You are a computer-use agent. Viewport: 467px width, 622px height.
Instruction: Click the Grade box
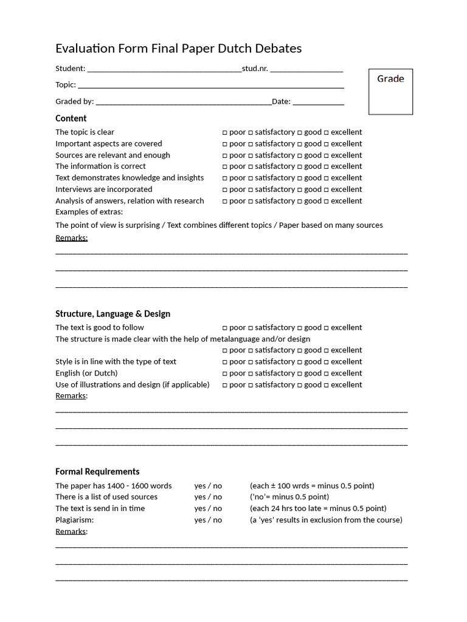click(x=390, y=92)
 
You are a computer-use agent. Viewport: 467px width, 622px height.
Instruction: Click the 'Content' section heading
click(x=71, y=118)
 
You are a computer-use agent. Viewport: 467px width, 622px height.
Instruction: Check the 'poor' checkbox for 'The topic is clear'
click(x=224, y=132)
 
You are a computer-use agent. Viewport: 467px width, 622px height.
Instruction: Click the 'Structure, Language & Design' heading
click(x=112, y=313)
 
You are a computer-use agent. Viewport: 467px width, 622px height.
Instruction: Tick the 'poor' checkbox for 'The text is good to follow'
click(x=224, y=328)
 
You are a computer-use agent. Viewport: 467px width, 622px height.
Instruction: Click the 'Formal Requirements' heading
click(x=97, y=471)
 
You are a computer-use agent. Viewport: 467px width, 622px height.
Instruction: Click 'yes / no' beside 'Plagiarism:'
click(x=208, y=520)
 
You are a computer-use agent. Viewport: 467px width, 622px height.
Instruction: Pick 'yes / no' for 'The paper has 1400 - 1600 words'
click(x=208, y=486)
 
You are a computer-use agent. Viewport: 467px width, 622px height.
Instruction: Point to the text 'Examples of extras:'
click(x=89, y=212)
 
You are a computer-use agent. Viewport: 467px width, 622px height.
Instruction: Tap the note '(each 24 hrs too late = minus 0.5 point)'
click(x=318, y=508)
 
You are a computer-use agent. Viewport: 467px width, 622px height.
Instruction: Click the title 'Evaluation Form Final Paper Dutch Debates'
click(x=178, y=49)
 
